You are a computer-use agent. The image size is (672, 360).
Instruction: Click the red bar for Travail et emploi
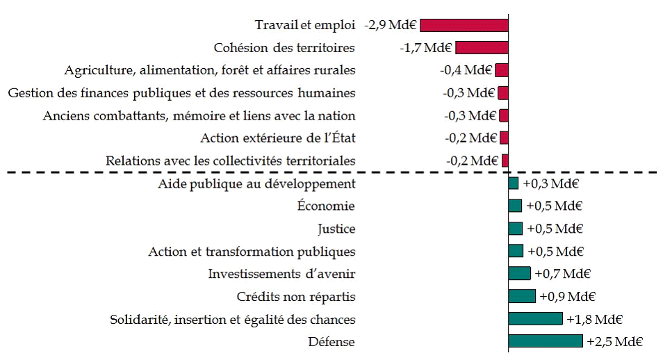pyautogui.click(x=464, y=25)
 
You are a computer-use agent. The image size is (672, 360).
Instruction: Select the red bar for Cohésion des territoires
pyautogui.click(x=482, y=48)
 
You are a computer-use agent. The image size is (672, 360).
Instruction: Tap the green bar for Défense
pyautogui.click(x=546, y=341)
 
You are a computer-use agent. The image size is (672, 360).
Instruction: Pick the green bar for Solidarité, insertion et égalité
pyautogui.click(x=535, y=319)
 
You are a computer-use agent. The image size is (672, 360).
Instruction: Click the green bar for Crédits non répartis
pyautogui.click(x=522, y=296)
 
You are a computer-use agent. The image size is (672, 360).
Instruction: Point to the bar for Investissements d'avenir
pyautogui.click(x=519, y=274)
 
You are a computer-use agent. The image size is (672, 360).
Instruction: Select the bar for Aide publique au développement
pyautogui.click(x=514, y=183)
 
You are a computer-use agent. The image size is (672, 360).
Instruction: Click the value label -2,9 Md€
pyautogui.click(x=391, y=26)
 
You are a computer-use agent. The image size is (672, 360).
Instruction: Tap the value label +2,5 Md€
pyautogui.click(x=614, y=342)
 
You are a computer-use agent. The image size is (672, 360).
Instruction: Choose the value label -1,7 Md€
pyautogui.click(x=426, y=48)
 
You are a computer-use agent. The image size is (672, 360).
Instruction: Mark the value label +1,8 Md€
pyautogui.click(x=594, y=320)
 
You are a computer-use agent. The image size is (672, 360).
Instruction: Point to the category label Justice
pyautogui.click(x=336, y=229)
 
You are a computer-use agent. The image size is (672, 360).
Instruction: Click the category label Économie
pyautogui.click(x=326, y=206)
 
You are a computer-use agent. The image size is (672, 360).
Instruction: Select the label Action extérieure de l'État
pyautogui.click(x=278, y=138)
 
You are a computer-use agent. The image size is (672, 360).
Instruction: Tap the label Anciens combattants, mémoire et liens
pyautogui.click(x=199, y=116)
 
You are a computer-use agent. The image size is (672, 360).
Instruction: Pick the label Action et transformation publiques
pyautogui.click(x=252, y=252)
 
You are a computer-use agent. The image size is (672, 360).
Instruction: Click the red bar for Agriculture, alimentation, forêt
pyautogui.click(x=502, y=70)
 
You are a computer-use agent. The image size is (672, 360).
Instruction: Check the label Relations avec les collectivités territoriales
pyautogui.click(x=231, y=161)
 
